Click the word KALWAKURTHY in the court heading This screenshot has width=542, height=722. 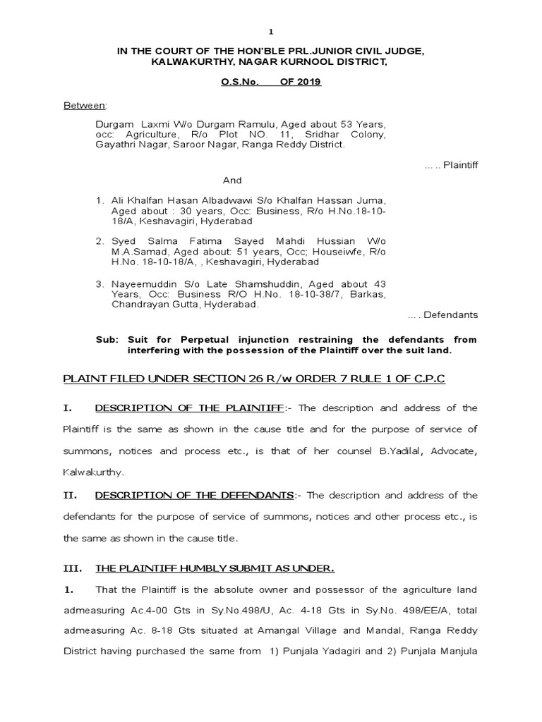pos(185,62)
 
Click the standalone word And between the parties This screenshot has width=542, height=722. pos(233,180)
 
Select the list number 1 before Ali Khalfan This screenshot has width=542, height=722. pos(100,201)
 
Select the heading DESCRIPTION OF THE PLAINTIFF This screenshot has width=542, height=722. pos(188,408)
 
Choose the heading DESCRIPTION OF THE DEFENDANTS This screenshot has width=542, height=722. pos(194,495)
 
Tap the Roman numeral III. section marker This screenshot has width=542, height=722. pos(73,568)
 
